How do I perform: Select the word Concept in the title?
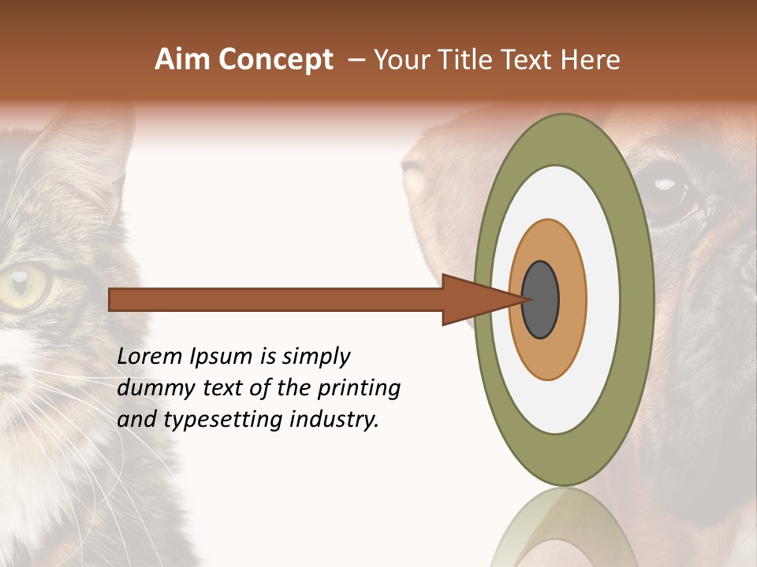coord(276,60)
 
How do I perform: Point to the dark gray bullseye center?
coord(541,299)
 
